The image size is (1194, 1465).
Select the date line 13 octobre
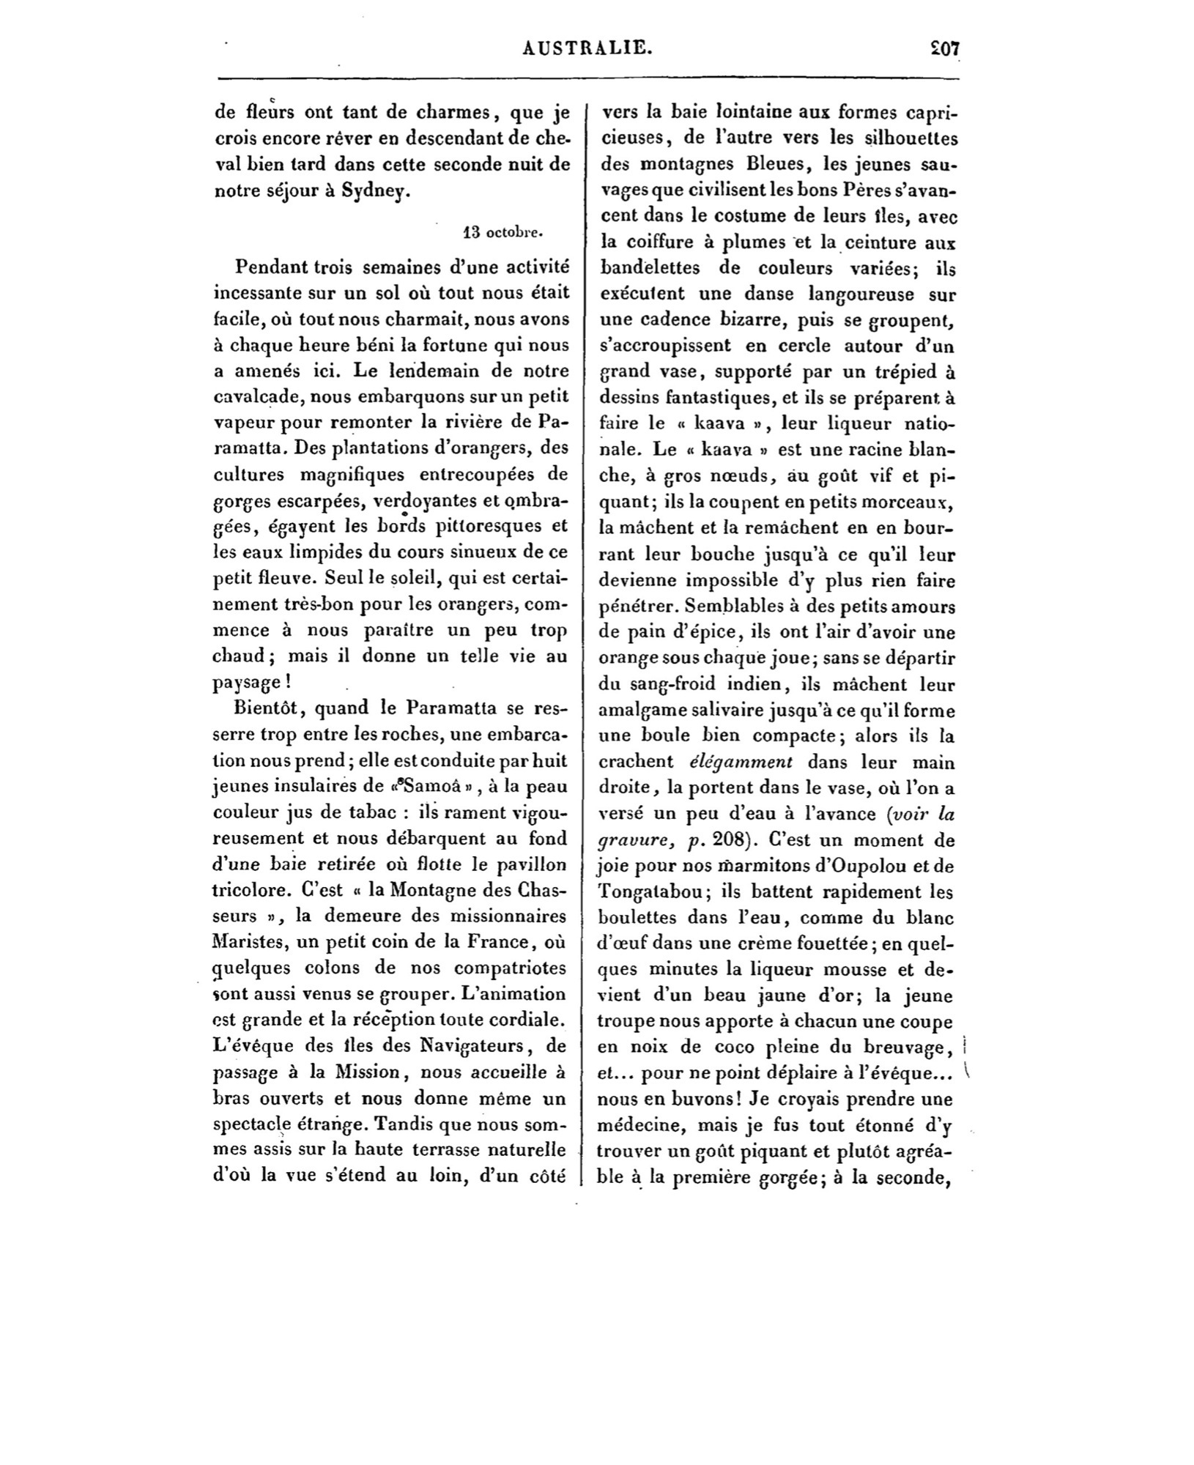click(x=504, y=234)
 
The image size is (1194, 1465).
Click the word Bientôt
click(x=269, y=708)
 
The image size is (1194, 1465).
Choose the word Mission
click(x=366, y=1072)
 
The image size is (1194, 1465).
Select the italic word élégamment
click(x=741, y=762)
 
